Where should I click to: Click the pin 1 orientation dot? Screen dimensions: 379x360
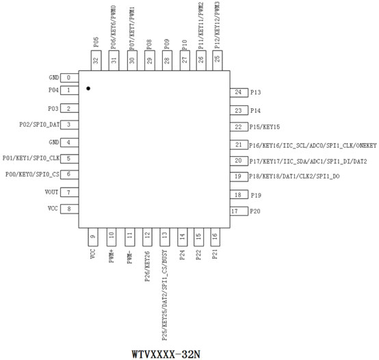click(88, 88)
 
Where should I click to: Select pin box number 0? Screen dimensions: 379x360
click(69, 78)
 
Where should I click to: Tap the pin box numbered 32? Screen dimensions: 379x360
click(96, 60)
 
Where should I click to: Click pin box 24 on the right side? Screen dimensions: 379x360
click(239, 92)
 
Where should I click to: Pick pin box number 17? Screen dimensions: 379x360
click(239, 211)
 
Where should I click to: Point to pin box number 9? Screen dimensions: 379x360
click(93, 237)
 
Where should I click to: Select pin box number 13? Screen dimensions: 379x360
click(165, 237)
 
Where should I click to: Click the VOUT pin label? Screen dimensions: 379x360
click(51, 192)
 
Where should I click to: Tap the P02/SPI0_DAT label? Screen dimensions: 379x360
click(40, 125)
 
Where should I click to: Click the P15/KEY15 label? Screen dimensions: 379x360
click(265, 127)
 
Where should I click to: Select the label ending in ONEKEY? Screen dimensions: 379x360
click(313, 145)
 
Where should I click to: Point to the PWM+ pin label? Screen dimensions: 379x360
click(112, 257)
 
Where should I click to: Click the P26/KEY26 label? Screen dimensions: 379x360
click(147, 266)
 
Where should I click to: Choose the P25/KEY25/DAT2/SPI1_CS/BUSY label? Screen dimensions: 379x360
click(165, 295)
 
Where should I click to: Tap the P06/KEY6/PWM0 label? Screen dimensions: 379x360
click(114, 27)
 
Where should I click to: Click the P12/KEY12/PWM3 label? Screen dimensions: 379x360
click(217, 25)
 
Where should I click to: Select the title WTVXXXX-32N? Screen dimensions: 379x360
click(166, 355)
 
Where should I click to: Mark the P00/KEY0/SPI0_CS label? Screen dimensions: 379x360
click(32, 175)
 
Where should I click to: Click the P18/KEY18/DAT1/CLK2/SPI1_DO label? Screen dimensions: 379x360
click(294, 177)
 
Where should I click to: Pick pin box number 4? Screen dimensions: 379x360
click(69, 142)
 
